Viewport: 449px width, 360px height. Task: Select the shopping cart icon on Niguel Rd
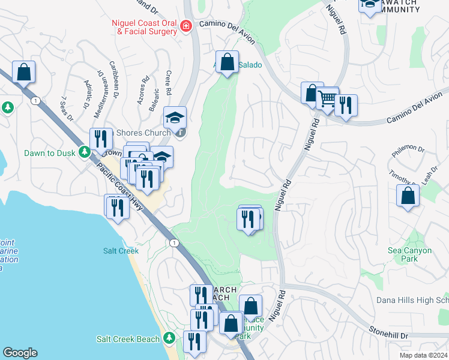click(327, 99)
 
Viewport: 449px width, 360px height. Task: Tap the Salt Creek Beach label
click(128, 339)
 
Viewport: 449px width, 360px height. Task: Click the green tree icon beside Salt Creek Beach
click(170, 339)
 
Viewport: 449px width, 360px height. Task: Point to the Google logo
click(20, 353)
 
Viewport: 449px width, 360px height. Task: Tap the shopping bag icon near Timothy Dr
click(408, 196)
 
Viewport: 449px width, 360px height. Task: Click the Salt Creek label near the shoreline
click(121, 251)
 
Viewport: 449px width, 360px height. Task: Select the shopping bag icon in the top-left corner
click(23, 73)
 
